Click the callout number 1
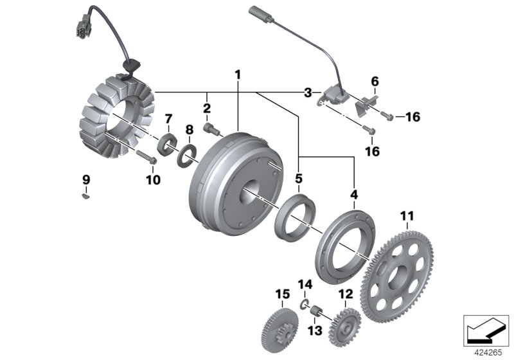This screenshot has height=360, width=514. coord(238,75)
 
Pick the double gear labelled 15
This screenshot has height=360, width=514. coord(281,328)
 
